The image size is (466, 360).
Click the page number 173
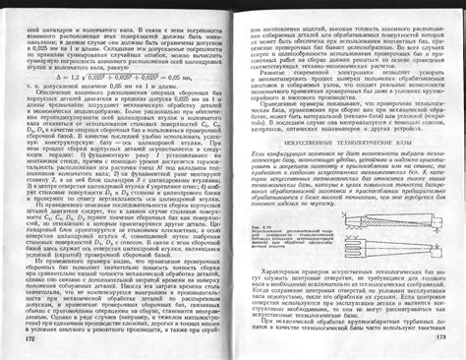442,339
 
